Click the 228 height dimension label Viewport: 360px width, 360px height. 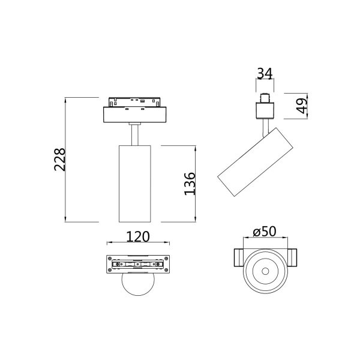coord(60,160)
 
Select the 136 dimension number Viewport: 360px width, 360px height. coord(190,184)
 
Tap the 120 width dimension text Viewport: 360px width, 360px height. coord(138,236)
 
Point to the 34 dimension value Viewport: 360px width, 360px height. coord(265,73)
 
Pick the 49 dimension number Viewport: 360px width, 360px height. coord(301,106)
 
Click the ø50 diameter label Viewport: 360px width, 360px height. coord(265,232)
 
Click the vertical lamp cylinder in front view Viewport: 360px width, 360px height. coord(135,184)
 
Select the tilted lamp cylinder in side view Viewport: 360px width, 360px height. coord(255,162)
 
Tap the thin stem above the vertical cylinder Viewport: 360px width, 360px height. coord(135,135)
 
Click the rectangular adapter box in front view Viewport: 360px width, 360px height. coord(135,115)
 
